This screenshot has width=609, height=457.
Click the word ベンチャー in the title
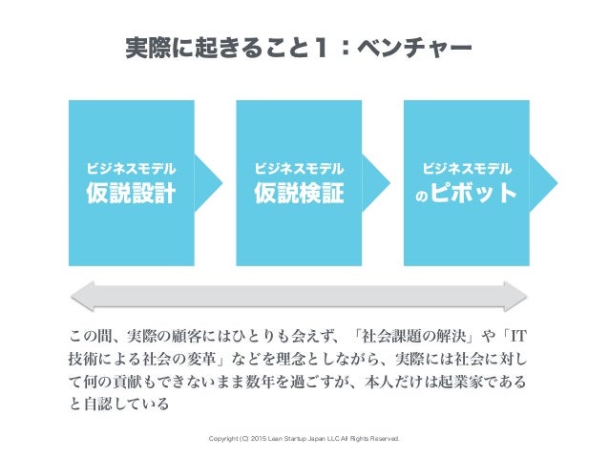click(417, 47)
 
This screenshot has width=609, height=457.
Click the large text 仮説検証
click(299, 194)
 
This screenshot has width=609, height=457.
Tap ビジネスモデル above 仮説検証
click(299, 168)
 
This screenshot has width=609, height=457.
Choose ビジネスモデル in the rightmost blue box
click(467, 168)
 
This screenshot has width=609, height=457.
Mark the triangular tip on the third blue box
click(545, 181)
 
